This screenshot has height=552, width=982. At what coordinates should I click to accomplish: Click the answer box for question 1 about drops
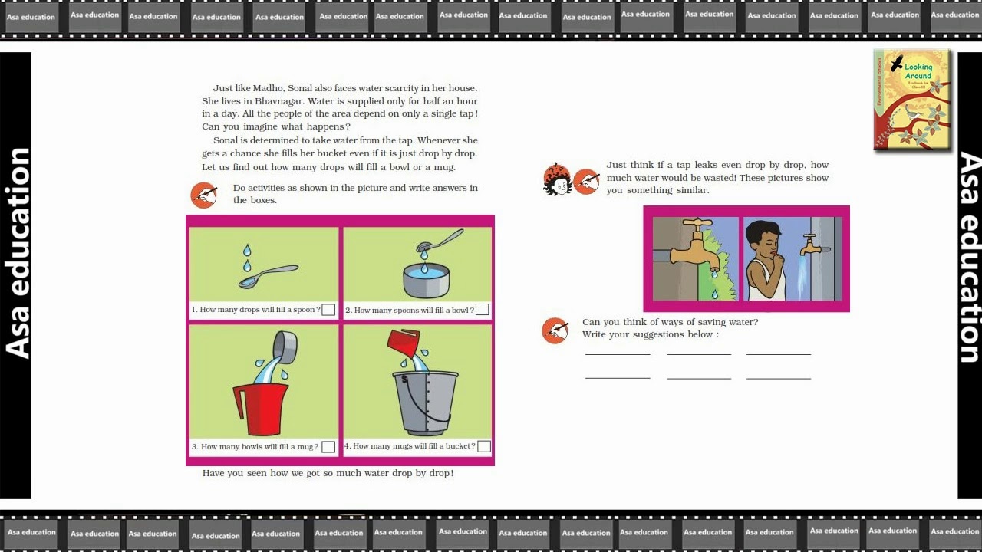click(328, 310)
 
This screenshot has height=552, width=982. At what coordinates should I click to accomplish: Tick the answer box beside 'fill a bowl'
click(482, 309)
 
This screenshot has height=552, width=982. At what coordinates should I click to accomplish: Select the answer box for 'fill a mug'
click(328, 447)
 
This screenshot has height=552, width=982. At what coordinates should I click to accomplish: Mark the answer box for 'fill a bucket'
click(484, 446)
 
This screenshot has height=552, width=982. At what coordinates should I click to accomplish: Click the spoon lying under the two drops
click(268, 276)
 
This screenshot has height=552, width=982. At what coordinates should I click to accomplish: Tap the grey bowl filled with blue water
click(426, 281)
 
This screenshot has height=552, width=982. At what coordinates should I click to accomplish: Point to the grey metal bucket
click(425, 402)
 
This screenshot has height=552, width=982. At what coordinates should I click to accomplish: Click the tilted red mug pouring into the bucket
click(404, 343)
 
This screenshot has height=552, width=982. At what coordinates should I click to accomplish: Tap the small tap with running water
click(815, 245)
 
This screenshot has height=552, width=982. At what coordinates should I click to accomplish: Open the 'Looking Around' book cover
click(912, 100)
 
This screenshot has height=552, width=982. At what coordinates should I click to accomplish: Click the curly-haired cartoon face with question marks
click(557, 179)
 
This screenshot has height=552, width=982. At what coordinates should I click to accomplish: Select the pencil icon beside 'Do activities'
click(204, 195)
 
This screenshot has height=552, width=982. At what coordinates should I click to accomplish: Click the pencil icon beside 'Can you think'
click(555, 330)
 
